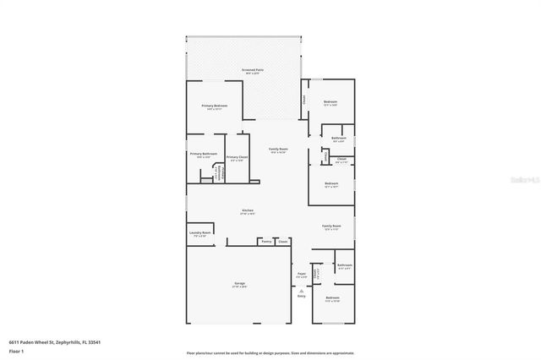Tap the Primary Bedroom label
click(x=211, y=106)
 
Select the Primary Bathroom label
click(x=203, y=154)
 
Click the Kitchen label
click(x=248, y=210)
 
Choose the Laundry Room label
click(x=200, y=232)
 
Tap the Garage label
click(x=240, y=283)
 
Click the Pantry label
click(x=266, y=241)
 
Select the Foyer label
click(x=301, y=273)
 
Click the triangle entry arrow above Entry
click(x=301, y=290)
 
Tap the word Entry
click(x=301, y=297)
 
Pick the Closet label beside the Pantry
click(x=283, y=241)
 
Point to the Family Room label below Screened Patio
click(x=278, y=150)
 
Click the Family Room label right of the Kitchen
click(x=331, y=226)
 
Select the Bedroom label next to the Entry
click(x=332, y=297)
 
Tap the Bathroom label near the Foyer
click(x=344, y=265)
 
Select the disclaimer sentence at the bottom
click(x=270, y=352)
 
